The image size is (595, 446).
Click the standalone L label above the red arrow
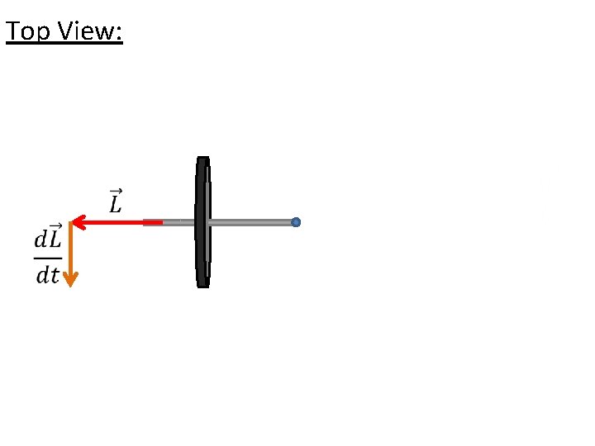(115, 204)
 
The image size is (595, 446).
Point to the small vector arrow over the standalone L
(115, 192)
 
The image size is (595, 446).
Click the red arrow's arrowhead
(75, 222)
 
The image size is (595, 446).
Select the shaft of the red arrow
(116, 222)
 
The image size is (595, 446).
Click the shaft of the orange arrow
(70, 248)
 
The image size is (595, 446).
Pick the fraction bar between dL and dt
(47, 257)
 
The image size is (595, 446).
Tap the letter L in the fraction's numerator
(55, 240)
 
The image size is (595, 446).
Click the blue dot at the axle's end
(296, 222)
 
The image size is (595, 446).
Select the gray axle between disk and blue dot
(252, 222)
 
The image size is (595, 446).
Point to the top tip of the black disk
(202, 159)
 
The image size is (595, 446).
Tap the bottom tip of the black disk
(202, 285)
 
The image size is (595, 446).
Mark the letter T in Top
(12, 31)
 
